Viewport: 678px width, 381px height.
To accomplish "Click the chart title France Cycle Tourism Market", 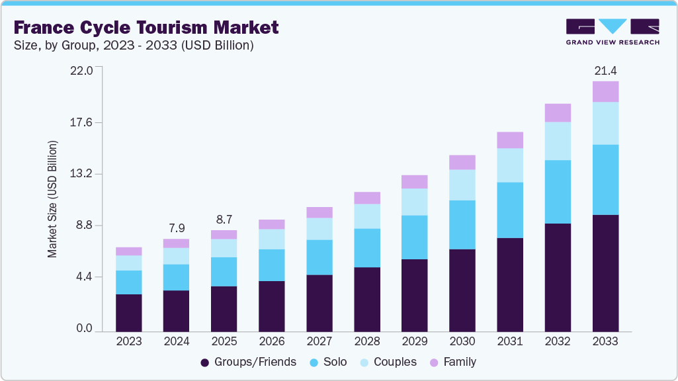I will coord(146,28).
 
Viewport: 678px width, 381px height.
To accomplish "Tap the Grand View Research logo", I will coord(612,32).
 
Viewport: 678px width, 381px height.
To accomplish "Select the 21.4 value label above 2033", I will coord(605,70).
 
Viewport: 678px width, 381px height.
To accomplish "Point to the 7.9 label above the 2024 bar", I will coord(177,228).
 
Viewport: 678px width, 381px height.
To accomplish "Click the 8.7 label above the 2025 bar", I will coord(224,219).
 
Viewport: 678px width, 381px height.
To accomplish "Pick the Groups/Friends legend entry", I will coord(248,362).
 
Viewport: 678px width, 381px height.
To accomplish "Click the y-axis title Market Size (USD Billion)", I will coord(52,199).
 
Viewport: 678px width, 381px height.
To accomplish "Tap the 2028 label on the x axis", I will coord(367,341).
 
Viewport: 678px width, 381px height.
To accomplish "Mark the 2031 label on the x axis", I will coord(510,341).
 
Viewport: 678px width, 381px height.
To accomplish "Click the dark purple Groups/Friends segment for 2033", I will coord(605,273).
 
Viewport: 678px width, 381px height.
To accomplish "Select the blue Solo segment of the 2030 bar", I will coord(462,224).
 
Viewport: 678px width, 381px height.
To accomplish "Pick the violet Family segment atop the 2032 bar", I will coord(558,112).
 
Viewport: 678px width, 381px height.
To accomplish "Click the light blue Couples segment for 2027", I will coord(319,228).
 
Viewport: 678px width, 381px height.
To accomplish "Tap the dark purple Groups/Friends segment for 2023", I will coord(129,312).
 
